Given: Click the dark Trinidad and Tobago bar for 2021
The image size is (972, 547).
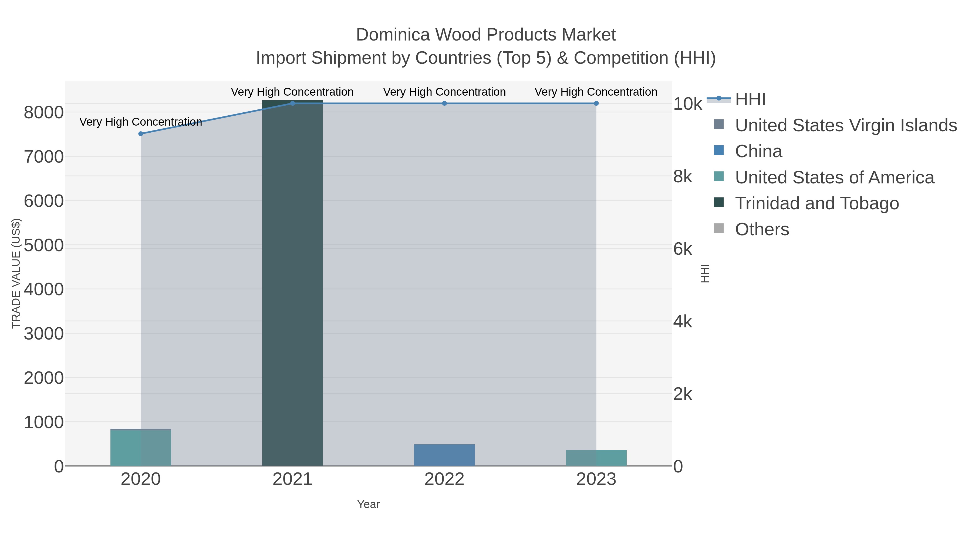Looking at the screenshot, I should click(x=292, y=283).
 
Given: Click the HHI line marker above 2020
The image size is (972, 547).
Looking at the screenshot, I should click(x=141, y=134).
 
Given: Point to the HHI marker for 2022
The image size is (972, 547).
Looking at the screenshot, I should click(x=444, y=103).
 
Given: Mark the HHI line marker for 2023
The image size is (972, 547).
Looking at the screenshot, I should click(x=596, y=103).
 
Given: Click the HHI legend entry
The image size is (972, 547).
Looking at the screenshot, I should click(x=750, y=99).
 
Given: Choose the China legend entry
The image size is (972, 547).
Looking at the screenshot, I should click(x=758, y=151).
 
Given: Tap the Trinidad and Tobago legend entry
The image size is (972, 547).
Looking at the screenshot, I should click(x=817, y=203).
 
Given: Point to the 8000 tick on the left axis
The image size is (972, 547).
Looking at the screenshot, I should click(x=44, y=112).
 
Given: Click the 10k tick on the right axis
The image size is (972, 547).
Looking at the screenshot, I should click(x=687, y=104).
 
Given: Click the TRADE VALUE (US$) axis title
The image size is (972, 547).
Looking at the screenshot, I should click(x=16, y=273).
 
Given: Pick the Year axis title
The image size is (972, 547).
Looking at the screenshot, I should click(x=368, y=504).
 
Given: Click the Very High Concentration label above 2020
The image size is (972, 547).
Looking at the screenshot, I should click(x=141, y=122).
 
